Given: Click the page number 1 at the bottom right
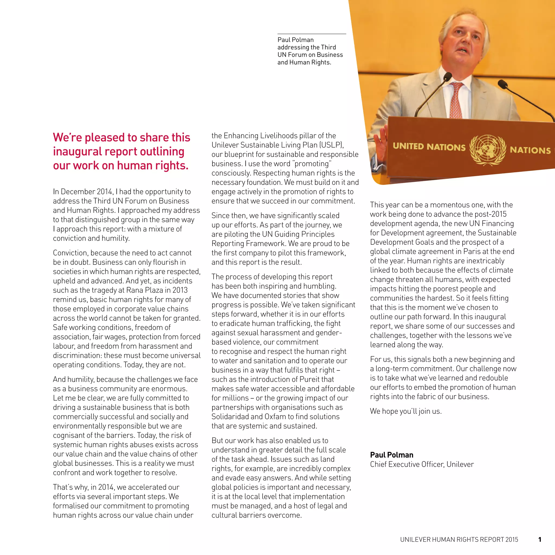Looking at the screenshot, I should [540, 539].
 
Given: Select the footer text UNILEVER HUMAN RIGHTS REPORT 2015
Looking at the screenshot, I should [459, 540].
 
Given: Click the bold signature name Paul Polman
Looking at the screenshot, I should [392, 455].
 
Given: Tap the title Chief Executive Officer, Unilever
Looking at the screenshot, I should [422, 464].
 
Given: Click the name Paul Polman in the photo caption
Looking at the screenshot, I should [295, 40].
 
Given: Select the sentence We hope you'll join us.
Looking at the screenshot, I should [406, 411].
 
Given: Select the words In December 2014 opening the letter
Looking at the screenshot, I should [83, 192].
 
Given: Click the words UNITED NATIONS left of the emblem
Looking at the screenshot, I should [429, 147].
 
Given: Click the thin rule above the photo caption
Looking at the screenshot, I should [312, 34].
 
